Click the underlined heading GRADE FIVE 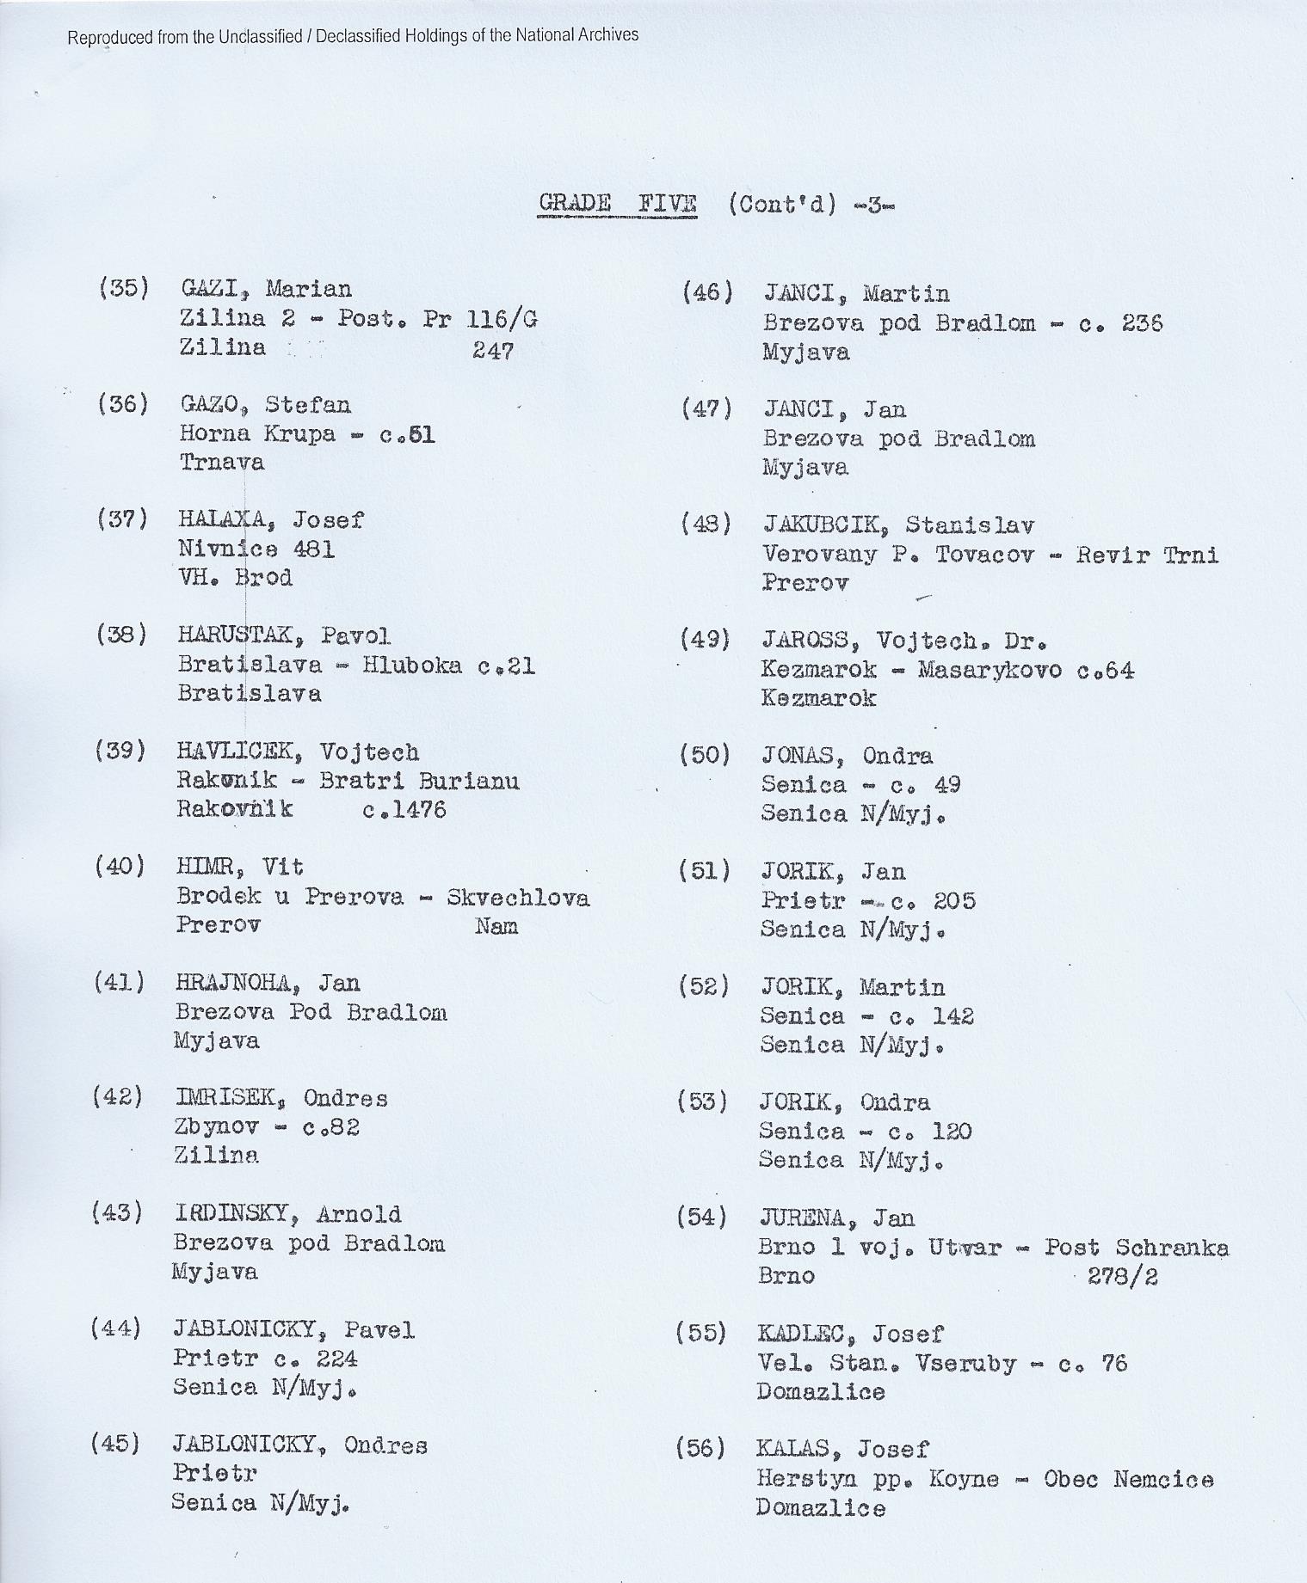617,204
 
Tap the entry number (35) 123,288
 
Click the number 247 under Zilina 493,351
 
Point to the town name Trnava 221,463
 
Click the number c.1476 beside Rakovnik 404,809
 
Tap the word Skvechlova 518,898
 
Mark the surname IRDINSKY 235,1214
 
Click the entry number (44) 115,1329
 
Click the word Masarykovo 989,670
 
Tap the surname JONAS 798,756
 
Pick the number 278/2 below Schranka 1122,1276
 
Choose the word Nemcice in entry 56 1163,1480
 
